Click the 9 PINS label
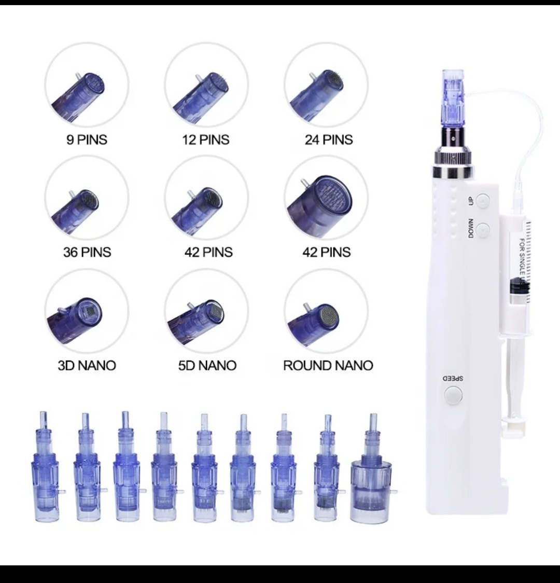point(87,140)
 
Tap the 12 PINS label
point(206,140)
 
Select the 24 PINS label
point(329,140)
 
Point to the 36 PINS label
point(87,252)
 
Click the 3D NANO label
point(87,366)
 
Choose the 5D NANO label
point(207,366)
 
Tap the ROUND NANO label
point(328,366)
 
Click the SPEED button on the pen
point(453,395)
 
